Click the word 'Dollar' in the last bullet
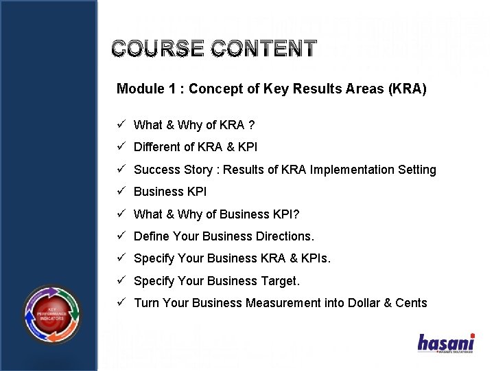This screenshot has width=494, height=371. tap(364, 303)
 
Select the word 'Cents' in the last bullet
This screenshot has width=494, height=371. tap(411, 303)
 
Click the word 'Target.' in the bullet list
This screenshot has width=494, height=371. tap(280, 281)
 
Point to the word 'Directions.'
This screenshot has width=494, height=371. tap(285, 236)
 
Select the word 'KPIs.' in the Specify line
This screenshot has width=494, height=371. tap(314, 258)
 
